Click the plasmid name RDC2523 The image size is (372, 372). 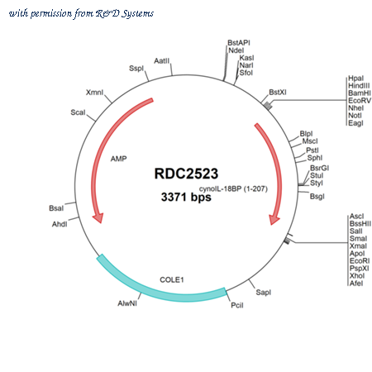[x=186, y=174]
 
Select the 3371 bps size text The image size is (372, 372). [x=186, y=197]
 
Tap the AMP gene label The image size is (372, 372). [x=119, y=159]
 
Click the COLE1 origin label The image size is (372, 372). [x=172, y=279]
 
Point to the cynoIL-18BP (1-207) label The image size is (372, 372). [x=233, y=189]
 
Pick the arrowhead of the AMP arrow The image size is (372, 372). [x=98, y=218]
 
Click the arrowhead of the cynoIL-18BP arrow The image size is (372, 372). [x=274, y=220]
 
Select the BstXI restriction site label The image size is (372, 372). [x=278, y=92]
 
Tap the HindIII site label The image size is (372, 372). [x=359, y=86]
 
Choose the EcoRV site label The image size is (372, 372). [x=360, y=101]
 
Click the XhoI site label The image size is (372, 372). [x=357, y=276]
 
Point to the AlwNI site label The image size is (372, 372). [x=127, y=303]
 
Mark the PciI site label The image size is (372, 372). [x=237, y=305]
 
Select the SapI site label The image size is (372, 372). [x=264, y=293]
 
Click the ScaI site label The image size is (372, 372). [x=78, y=112]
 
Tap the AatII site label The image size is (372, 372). [x=162, y=61]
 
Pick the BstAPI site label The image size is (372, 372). [x=239, y=43]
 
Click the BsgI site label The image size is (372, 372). [x=317, y=197]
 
